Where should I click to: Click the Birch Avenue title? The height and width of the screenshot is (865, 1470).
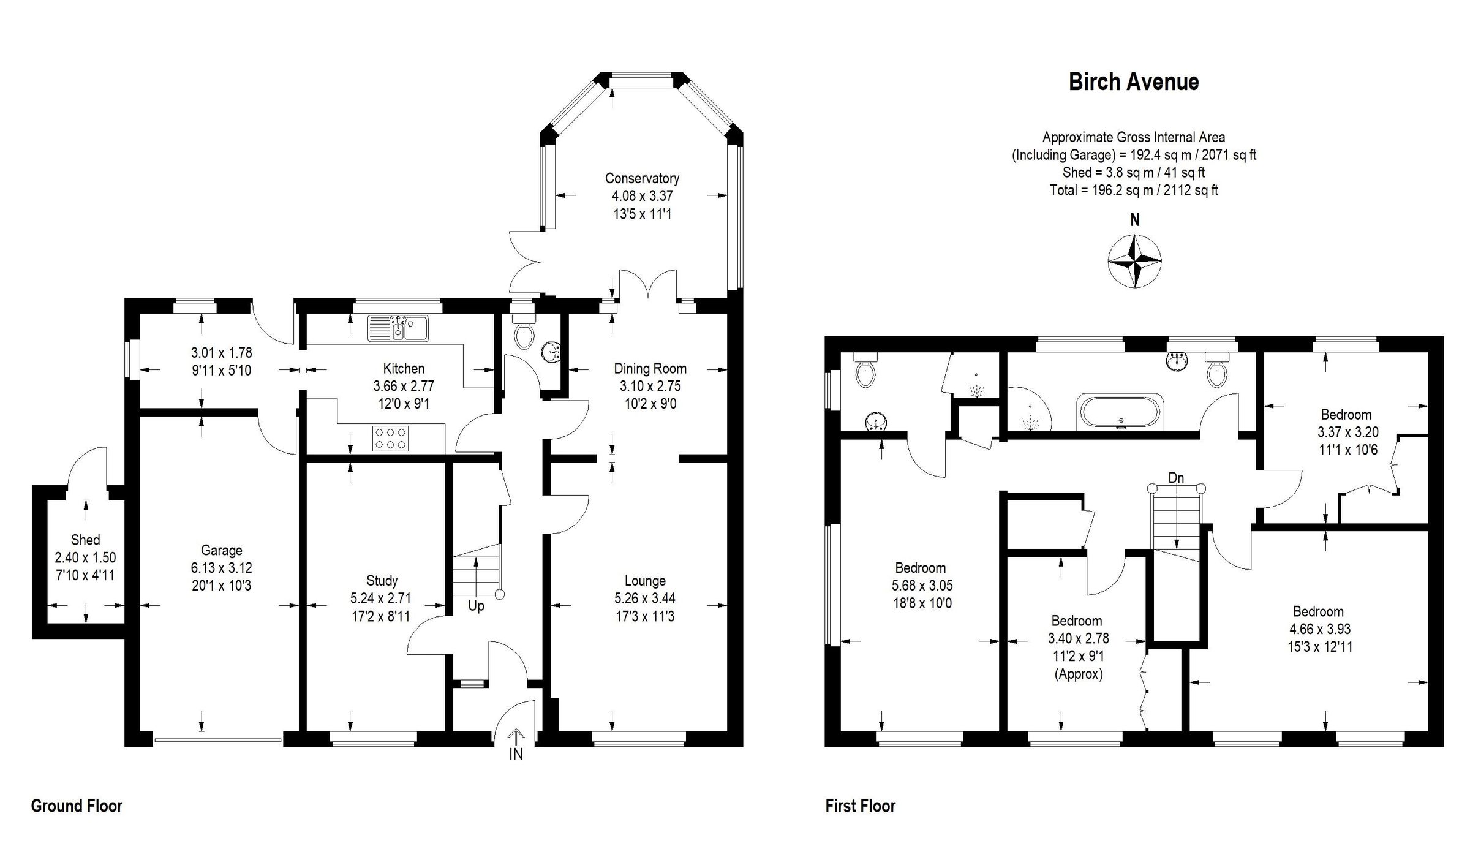point(1133,82)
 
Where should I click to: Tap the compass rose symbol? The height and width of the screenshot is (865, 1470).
point(1135,262)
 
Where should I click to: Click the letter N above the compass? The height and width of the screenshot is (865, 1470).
point(1135,220)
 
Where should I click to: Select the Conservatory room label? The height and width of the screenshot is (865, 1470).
point(642,178)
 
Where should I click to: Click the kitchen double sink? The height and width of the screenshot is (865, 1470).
point(398,328)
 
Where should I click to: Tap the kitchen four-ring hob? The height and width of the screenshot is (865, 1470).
point(391,438)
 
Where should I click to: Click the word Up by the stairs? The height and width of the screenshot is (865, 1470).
point(476,606)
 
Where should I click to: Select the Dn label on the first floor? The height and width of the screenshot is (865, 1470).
point(1176,478)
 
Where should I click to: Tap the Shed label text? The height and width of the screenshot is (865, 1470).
point(85,540)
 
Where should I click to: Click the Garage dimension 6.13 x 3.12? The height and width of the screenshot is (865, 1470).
point(221,568)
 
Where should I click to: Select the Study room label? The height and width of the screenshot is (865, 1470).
point(382,580)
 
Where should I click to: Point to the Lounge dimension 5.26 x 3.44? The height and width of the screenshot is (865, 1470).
point(645,598)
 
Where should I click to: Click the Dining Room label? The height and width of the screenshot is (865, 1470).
point(650,368)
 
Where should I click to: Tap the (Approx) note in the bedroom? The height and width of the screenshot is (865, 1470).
point(1078,674)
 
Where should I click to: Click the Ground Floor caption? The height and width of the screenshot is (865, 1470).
point(77,806)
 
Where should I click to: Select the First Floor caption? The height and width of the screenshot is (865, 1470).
point(860,806)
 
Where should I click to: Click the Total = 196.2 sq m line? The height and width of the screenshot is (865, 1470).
point(1133,190)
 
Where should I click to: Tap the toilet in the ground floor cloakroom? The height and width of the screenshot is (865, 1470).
point(524,336)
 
